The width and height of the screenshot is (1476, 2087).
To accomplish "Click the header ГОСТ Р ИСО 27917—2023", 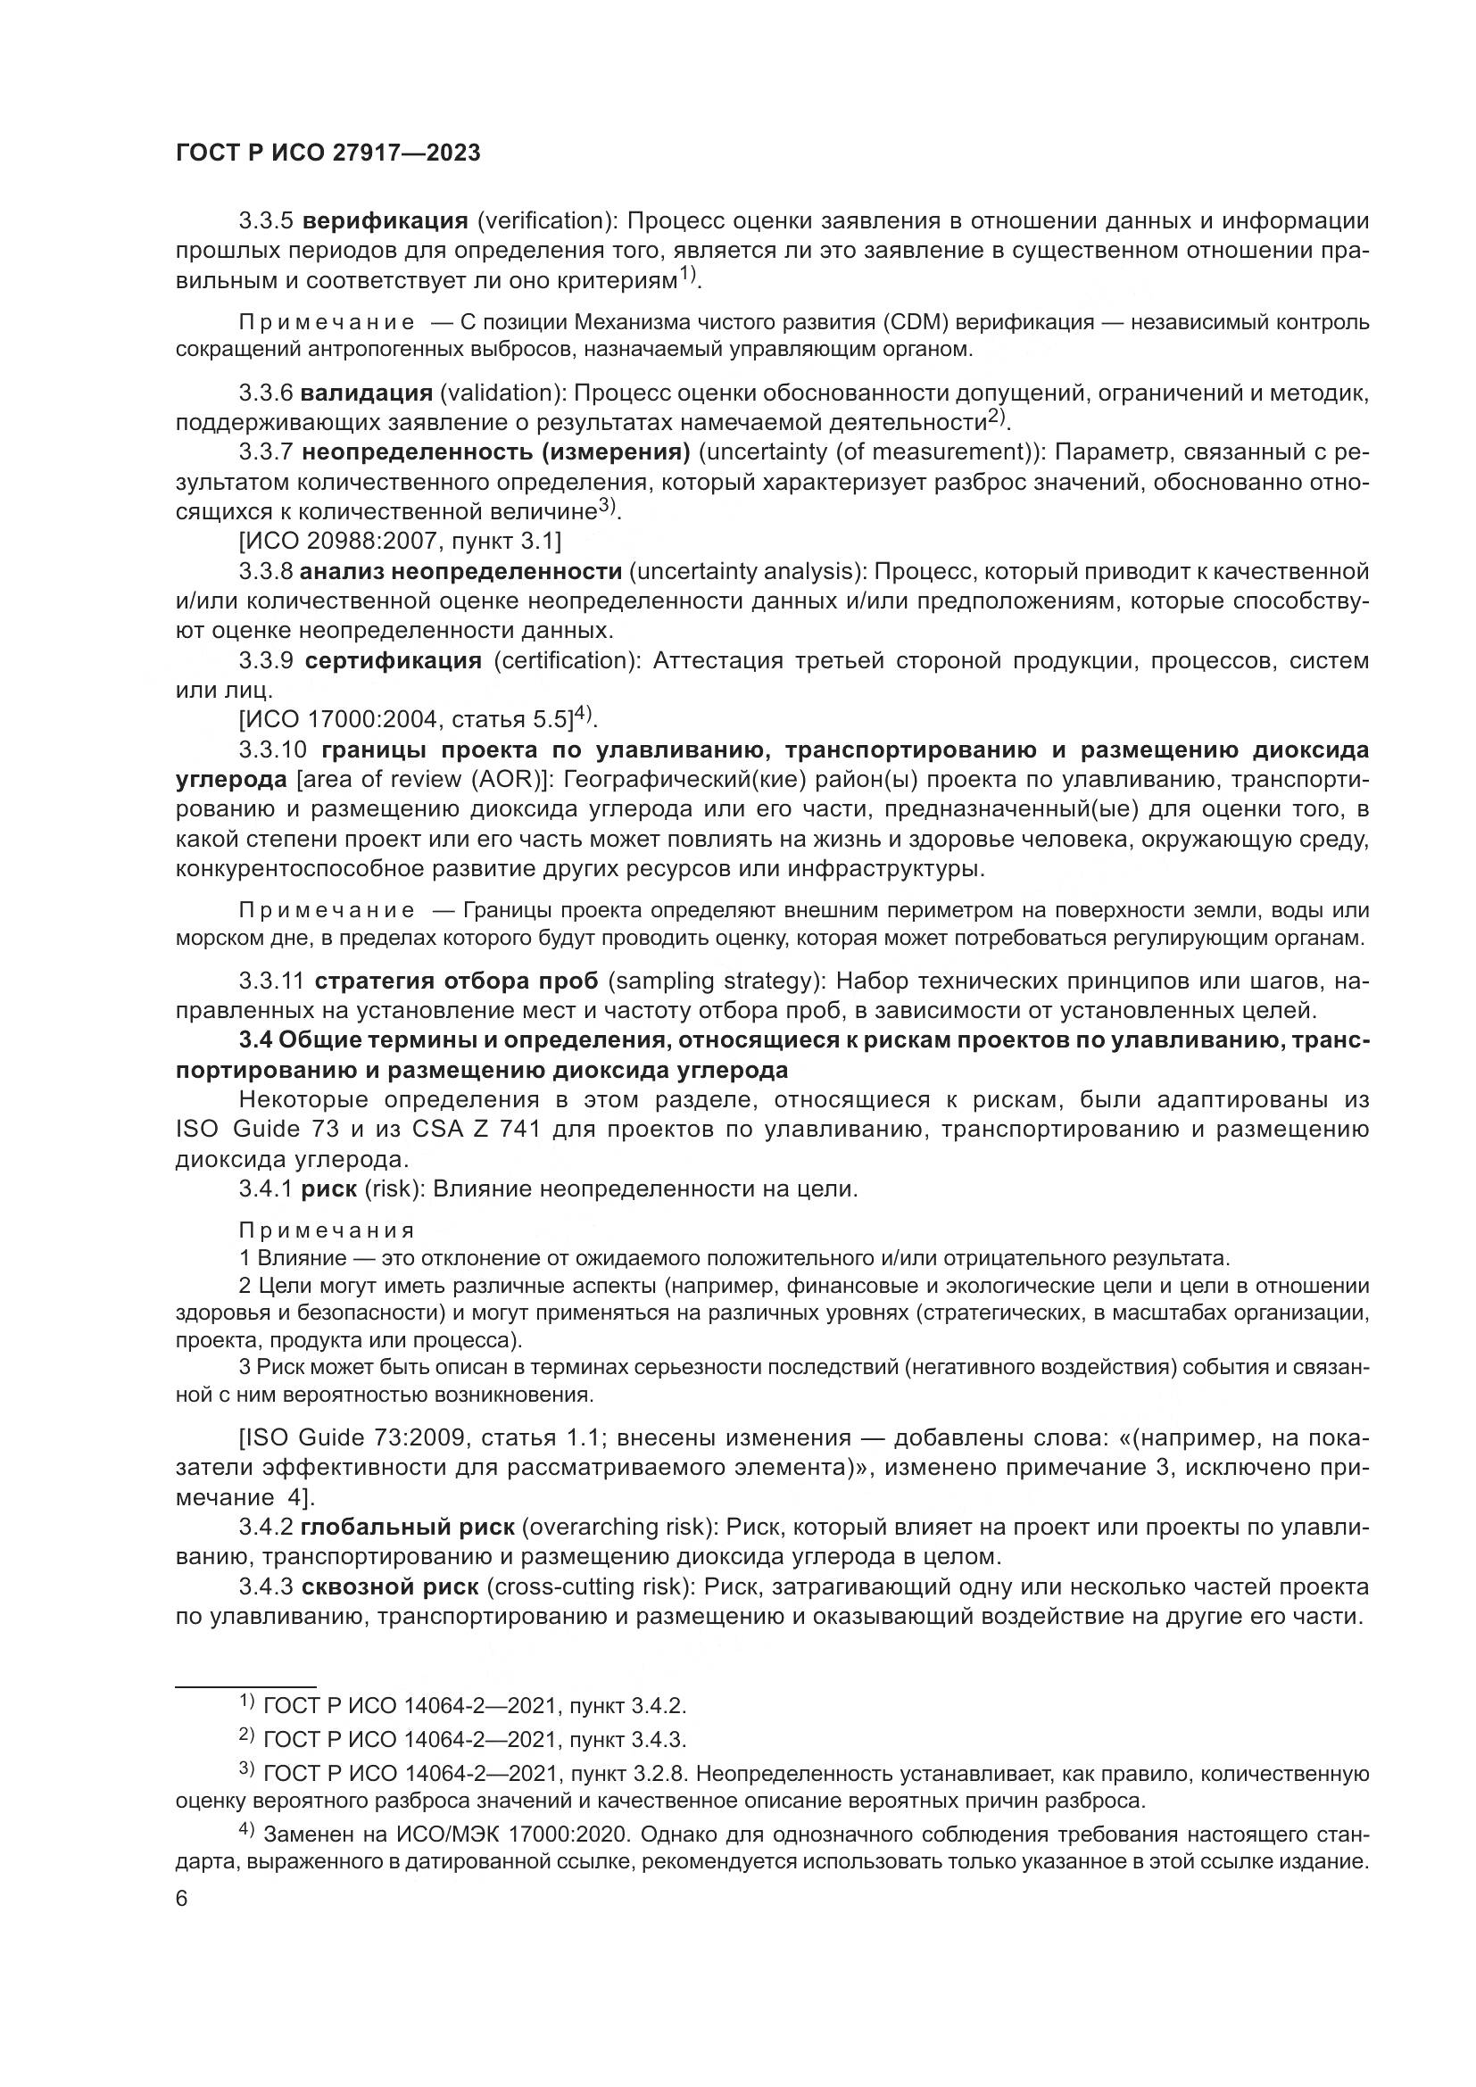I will point(328,153).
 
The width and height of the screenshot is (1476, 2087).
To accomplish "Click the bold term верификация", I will point(385,221).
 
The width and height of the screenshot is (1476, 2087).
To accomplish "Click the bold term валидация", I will point(366,393).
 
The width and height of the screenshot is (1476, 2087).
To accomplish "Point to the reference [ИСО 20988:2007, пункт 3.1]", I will point(400,542).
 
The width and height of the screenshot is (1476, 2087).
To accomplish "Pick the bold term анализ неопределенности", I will point(460,572).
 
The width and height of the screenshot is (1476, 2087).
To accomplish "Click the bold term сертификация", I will point(393,660).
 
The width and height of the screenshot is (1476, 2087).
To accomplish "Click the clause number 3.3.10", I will point(275,749).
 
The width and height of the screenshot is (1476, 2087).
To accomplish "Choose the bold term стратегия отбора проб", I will point(456,981).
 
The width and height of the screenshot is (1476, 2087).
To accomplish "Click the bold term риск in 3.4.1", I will point(328,1188).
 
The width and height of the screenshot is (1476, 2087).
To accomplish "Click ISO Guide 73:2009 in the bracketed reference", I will point(355,1438).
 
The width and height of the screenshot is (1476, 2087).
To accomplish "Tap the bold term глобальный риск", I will point(408,1527).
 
